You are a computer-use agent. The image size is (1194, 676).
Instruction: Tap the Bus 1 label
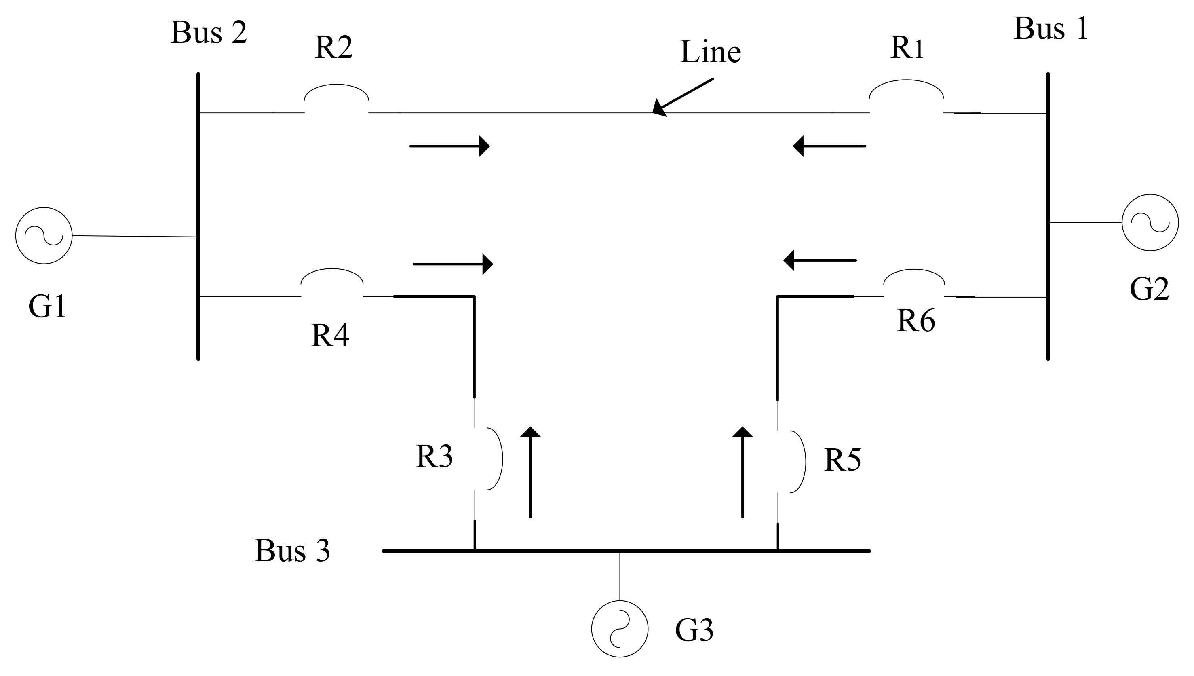(1051, 29)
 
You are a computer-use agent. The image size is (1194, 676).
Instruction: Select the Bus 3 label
(292, 551)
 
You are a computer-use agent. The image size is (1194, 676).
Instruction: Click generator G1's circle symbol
(44, 235)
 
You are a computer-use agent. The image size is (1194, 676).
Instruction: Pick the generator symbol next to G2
(1150, 222)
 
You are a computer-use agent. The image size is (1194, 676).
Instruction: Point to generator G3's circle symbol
(620, 629)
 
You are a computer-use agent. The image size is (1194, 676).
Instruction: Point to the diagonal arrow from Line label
(682, 97)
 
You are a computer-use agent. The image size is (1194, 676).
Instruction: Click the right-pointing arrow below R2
(449, 146)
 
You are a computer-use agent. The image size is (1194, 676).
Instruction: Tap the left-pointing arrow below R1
(829, 146)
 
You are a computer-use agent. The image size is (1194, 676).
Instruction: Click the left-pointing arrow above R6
(820, 260)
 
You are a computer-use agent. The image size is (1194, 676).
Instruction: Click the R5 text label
(842, 461)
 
